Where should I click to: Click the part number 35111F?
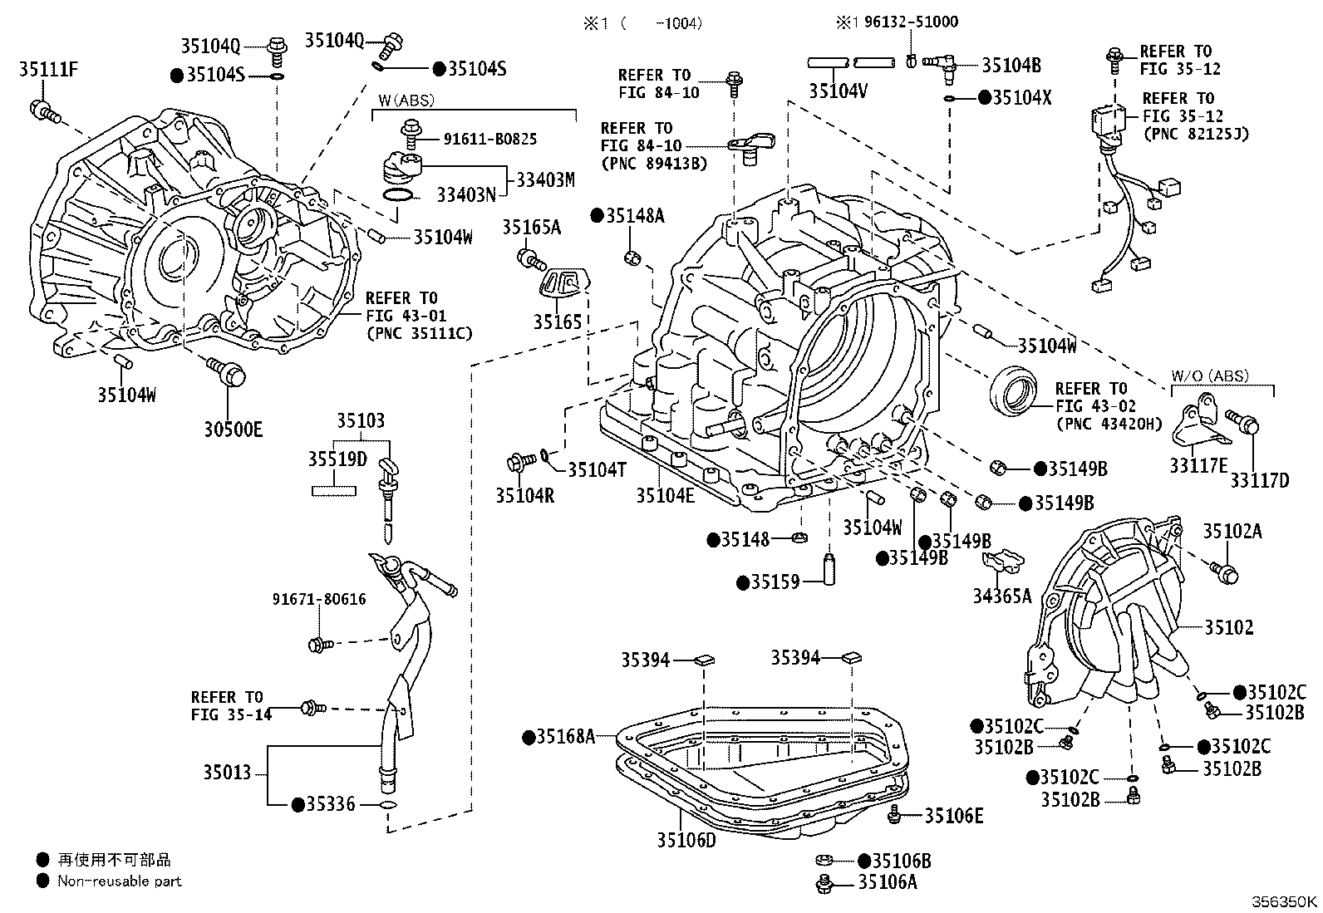(48, 70)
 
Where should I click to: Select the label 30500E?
(234, 430)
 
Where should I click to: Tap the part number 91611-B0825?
(490, 140)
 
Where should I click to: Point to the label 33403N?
(466, 195)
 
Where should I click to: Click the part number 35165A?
(532, 228)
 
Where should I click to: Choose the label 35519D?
(337, 459)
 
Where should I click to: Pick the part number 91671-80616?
(319, 600)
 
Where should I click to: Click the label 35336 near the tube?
(331, 804)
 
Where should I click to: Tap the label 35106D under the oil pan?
(686, 840)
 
